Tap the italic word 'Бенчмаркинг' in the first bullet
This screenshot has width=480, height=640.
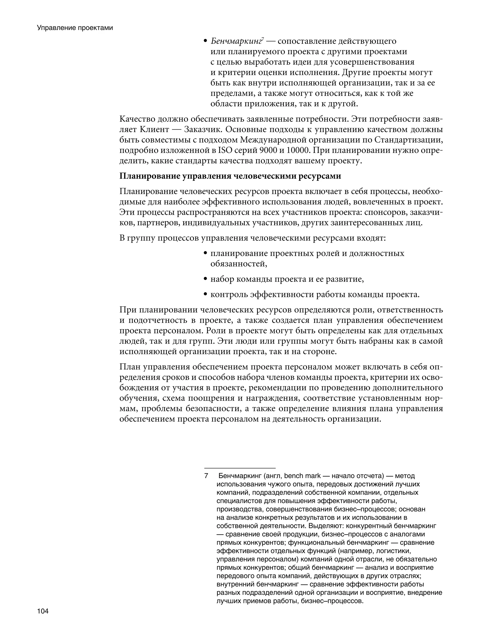pyautogui.click(x=236, y=41)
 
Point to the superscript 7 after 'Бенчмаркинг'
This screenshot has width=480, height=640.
pyautogui.click(x=262, y=39)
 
